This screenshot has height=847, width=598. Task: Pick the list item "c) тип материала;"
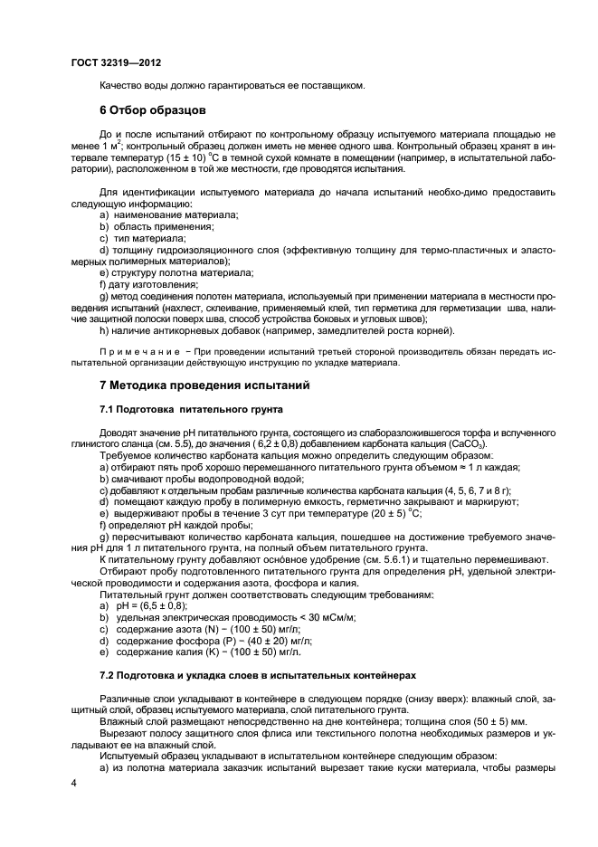coord(143,237)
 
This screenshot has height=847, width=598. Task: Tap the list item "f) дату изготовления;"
coord(148,284)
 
